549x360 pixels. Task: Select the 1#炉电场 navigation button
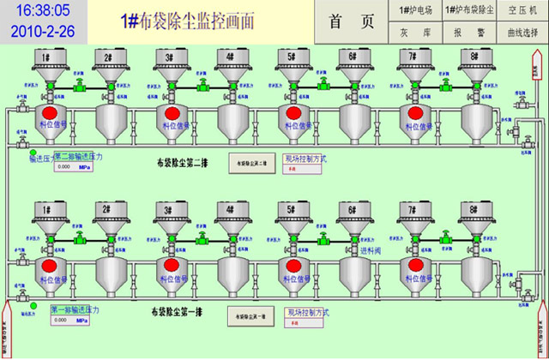coord(416,9)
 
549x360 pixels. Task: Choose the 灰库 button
coord(416,33)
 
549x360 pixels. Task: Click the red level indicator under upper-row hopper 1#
coord(50,112)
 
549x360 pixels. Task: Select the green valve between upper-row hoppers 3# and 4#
coord(202,86)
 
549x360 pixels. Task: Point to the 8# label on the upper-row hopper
coord(470,57)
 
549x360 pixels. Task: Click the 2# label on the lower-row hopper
coord(108,210)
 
